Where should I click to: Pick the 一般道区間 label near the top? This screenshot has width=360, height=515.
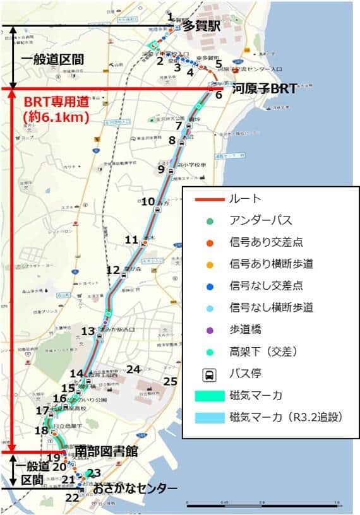click(x=52, y=59)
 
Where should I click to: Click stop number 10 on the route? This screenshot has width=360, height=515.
click(x=148, y=202)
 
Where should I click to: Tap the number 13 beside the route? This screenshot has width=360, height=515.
click(x=88, y=331)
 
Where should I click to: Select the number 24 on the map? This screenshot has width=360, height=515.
click(x=133, y=369)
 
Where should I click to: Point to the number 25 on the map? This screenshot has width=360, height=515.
click(x=170, y=381)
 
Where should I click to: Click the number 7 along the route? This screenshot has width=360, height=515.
click(x=179, y=126)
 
